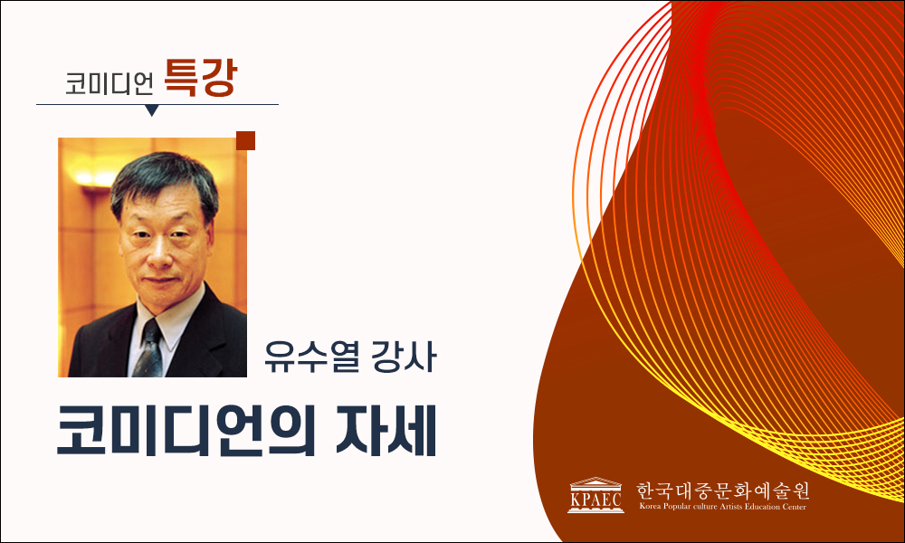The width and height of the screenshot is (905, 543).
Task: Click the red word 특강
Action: [x=200, y=78]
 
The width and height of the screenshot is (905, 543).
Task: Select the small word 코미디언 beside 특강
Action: [x=110, y=83]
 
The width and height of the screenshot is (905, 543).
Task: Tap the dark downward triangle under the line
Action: [x=152, y=110]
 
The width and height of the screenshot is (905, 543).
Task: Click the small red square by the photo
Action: [x=245, y=141]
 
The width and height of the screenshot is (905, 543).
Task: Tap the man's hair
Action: [x=165, y=179]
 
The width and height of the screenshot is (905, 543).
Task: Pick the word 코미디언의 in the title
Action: [x=186, y=431]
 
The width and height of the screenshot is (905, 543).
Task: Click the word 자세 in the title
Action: [x=386, y=431]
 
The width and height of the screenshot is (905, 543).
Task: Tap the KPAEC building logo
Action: [x=595, y=495]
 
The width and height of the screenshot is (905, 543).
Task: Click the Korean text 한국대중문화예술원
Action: [x=722, y=491]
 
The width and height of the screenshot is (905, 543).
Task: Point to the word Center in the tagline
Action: [x=795, y=507]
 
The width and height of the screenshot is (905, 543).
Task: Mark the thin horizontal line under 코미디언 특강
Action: [x=157, y=104]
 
